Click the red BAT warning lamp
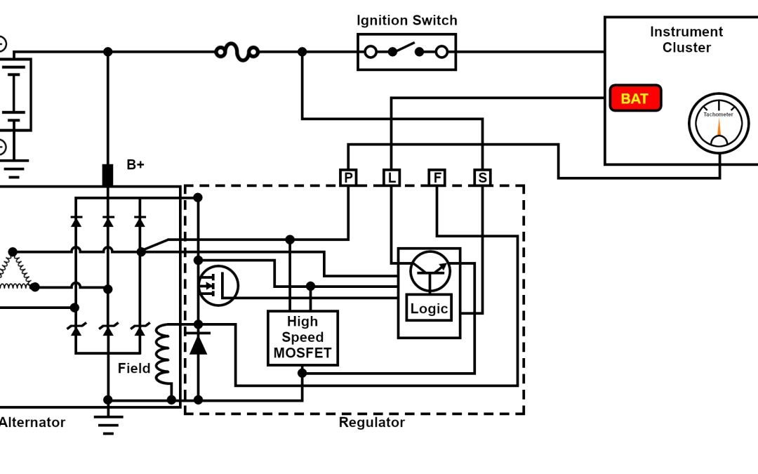point(635,98)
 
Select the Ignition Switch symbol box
point(406,51)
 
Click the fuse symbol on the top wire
point(237,51)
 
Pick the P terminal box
point(348,178)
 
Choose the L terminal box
point(391,178)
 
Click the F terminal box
point(437,178)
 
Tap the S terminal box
point(482,178)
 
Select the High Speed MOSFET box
point(302,338)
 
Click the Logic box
point(429,308)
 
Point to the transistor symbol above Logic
point(430,271)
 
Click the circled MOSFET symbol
point(218,285)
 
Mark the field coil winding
point(164,355)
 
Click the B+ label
point(135,165)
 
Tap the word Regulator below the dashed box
point(371,423)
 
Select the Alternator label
point(32,423)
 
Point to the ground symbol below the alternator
point(108,423)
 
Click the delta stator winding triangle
point(14,270)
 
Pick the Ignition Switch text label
point(406,20)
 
